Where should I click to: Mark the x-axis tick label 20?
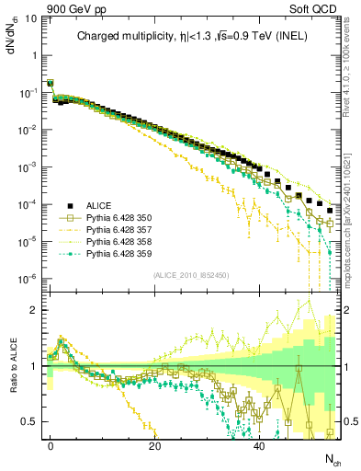pos(155,444)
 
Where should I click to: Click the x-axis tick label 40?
pos(260,444)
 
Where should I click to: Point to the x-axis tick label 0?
pos(51,444)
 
